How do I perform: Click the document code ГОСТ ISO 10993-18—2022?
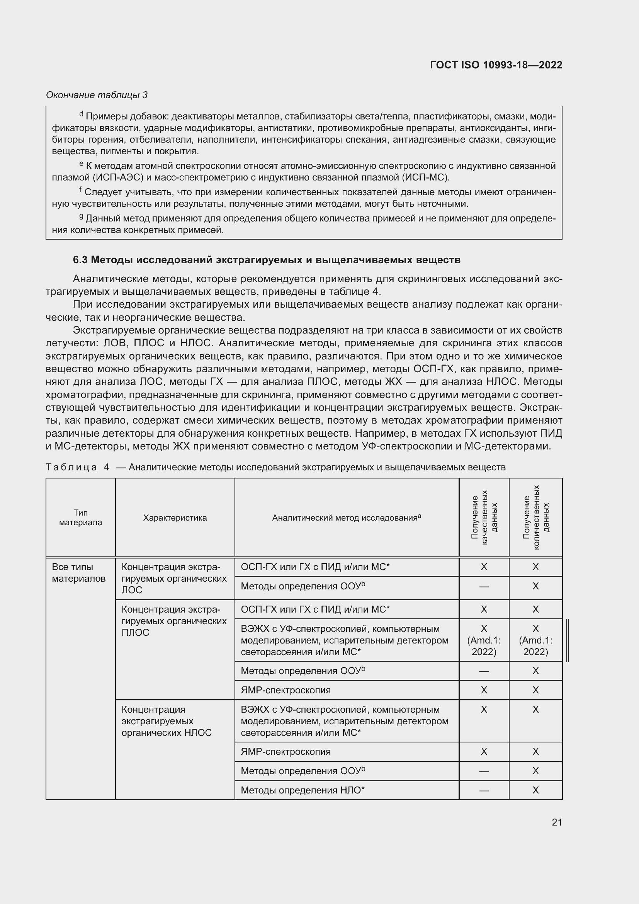(496, 65)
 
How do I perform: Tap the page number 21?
(557, 822)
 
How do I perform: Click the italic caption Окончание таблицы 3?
(97, 95)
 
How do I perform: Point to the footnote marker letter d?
(82, 114)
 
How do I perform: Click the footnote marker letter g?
(82, 216)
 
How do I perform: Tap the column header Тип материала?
(81, 518)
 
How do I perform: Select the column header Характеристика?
(175, 518)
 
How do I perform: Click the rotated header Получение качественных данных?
(484, 518)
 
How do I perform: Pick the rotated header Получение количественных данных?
(535, 518)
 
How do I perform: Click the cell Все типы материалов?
(79, 572)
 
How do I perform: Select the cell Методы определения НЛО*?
(303, 790)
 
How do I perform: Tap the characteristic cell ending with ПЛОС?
(174, 621)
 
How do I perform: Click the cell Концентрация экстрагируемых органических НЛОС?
(167, 721)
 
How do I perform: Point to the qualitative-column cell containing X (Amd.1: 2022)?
(484, 640)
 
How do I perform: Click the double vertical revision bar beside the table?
(568, 640)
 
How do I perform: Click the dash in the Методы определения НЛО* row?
(484, 791)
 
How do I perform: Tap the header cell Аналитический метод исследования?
(346, 518)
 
